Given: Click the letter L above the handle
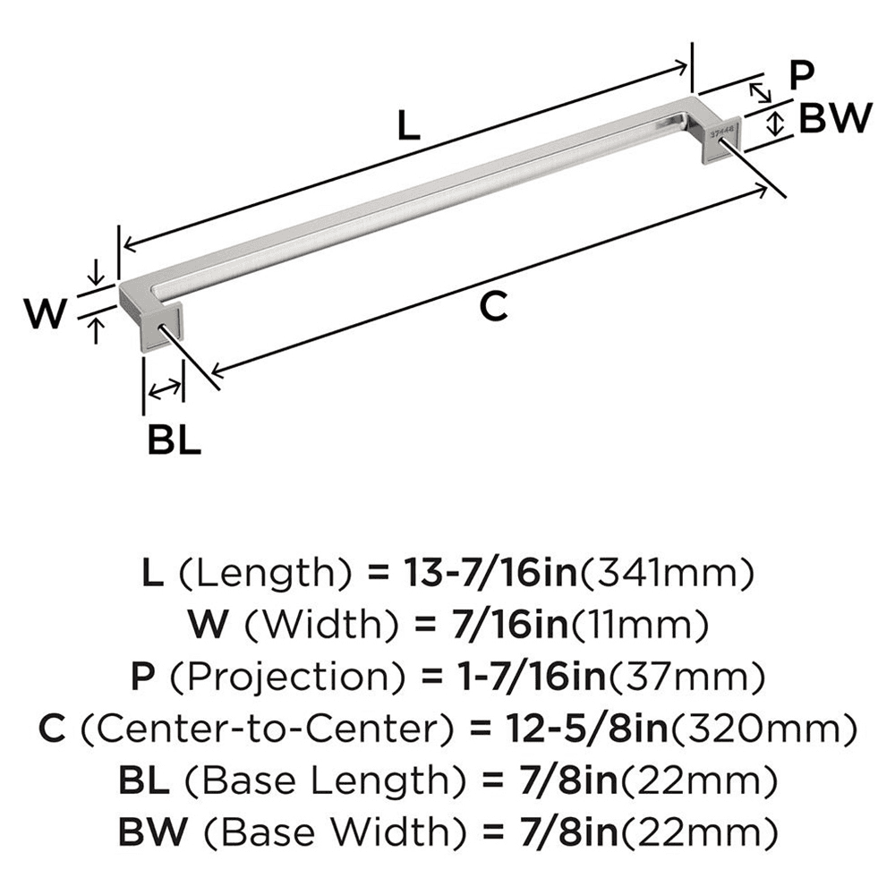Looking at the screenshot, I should click(407, 126).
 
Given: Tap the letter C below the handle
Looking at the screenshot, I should click(493, 307).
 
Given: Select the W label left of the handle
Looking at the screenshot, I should click(44, 314).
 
